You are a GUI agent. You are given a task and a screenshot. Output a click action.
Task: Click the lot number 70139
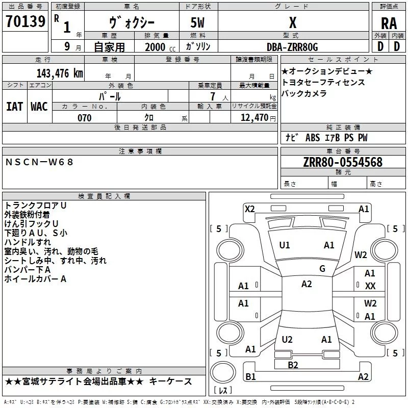(25, 21)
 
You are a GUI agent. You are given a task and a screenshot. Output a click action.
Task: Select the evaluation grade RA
(389, 23)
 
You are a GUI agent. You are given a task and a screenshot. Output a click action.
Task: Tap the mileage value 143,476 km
(60, 73)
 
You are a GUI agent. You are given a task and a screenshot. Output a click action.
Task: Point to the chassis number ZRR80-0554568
(343, 162)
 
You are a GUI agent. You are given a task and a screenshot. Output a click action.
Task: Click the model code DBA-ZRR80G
(292, 47)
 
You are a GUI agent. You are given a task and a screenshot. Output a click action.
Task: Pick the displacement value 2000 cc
(160, 47)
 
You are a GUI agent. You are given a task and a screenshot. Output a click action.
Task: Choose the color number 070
(84, 118)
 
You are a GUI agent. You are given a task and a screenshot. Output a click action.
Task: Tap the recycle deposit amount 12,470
(254, 118)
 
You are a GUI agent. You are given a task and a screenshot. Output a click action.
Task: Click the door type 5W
(197, 22)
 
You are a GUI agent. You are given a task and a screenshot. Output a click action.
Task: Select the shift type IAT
(14, 107)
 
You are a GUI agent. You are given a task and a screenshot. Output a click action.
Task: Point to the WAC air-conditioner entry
(39, 107)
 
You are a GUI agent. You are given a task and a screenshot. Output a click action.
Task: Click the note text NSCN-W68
(39, 162)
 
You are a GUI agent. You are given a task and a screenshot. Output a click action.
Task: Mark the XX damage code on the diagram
(370, 286)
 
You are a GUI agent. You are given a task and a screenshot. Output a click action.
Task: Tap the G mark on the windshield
(322, 269)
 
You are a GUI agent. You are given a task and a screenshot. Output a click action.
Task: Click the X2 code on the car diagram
(249, 209)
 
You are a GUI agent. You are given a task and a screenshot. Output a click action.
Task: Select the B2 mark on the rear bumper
(293, 365)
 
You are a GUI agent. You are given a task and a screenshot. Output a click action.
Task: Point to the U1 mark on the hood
(285, 245)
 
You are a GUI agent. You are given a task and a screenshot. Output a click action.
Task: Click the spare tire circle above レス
(223, 372)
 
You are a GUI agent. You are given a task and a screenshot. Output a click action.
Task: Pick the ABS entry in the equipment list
(313, 138)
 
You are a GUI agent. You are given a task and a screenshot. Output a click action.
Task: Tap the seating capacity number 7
(213, 96)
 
